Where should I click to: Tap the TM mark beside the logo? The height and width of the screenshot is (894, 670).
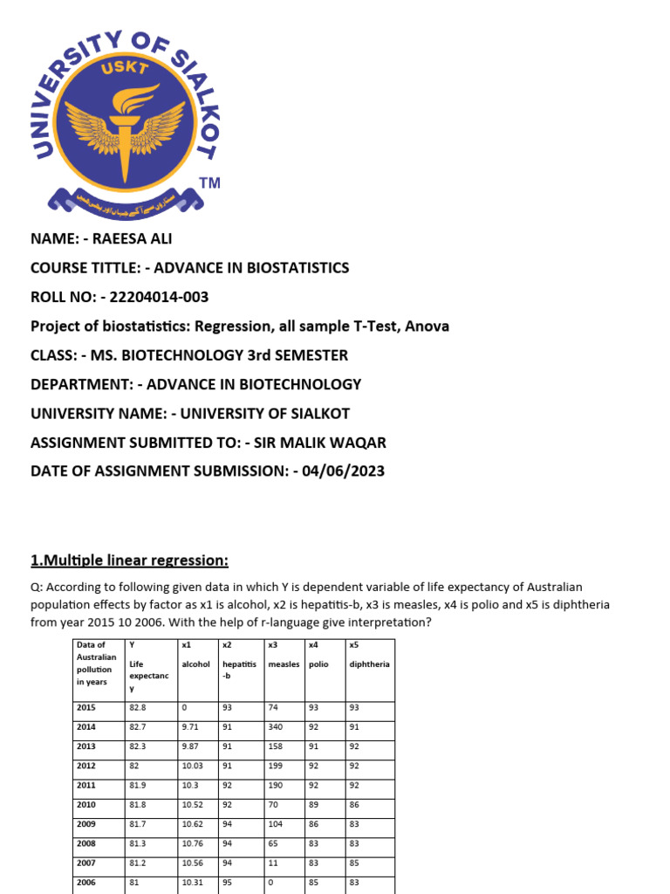click(209, 183)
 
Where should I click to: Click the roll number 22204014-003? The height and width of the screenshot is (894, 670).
click(154, 297)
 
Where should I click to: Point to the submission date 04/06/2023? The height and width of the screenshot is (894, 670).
click(343, 471)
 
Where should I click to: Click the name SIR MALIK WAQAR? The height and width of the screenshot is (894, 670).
click(315, 442)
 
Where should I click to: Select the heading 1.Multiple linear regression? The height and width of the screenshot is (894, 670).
click(129, 560)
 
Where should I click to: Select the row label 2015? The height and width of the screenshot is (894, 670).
click(86, 707)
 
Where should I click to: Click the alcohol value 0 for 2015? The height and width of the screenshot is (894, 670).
click(184, 707)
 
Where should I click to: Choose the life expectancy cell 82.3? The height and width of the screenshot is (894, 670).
click(138, 746)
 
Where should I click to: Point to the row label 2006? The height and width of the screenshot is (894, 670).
click(86, 882)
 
